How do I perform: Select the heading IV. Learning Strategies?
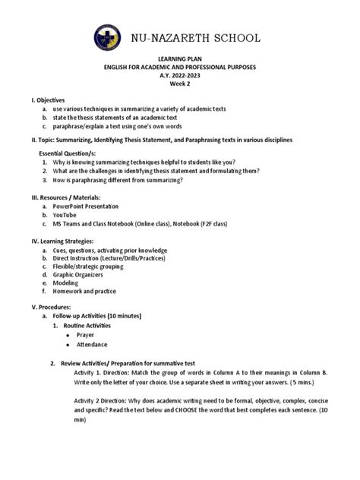click(x=67, y=241)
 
